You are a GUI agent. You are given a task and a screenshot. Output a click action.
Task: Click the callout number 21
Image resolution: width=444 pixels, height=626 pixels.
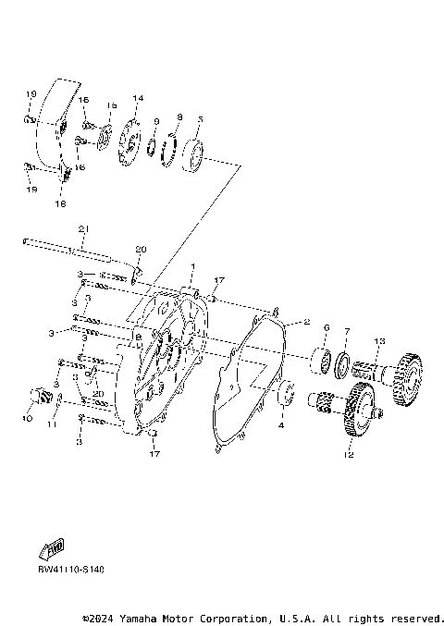pos(82,228)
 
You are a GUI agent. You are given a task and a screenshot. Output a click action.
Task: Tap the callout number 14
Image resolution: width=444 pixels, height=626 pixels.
pos(138,98)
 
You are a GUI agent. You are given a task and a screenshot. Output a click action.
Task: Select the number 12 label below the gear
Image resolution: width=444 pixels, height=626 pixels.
pos(349,454)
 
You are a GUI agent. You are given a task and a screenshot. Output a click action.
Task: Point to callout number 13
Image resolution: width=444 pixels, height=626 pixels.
pos(378,341)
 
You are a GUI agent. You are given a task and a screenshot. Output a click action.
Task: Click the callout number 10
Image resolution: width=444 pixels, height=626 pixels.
pos(26,419)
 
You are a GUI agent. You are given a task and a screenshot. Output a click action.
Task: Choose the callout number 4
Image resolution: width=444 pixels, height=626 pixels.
pos(281,426)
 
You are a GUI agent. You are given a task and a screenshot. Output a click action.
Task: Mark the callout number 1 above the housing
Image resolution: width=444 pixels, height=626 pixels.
pos(192,265)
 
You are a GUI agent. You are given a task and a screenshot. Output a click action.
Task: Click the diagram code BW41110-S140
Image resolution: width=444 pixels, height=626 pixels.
pos(70,569)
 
